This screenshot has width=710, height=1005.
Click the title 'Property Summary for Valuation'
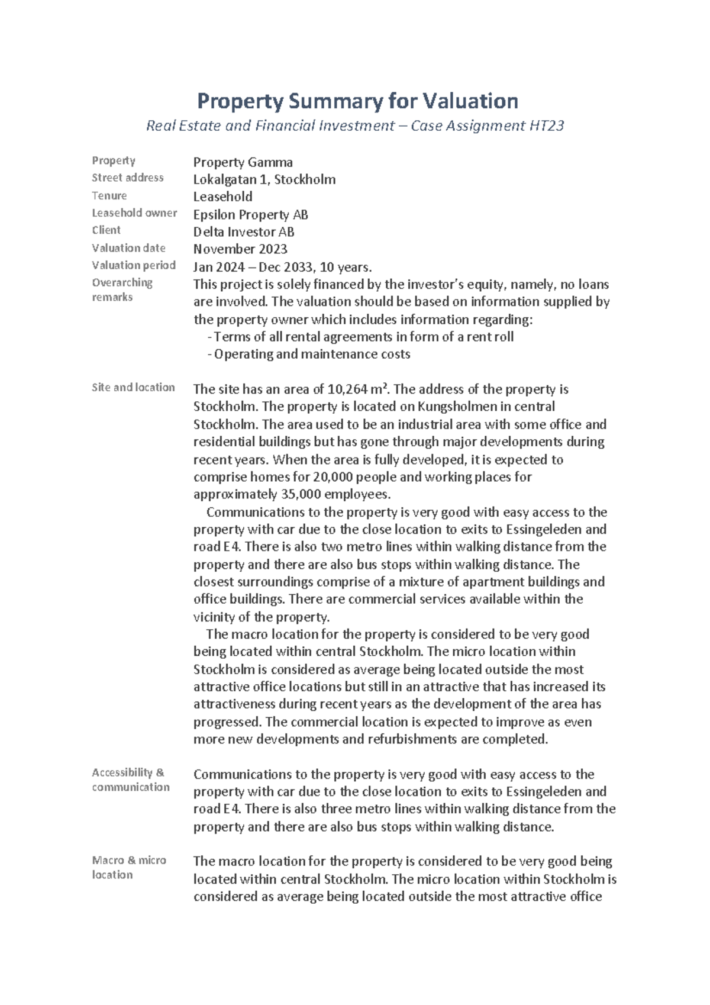click(357, 101)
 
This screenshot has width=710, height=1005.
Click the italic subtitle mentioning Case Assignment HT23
click(355, 125)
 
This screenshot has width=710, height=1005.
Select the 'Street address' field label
click(128, 178)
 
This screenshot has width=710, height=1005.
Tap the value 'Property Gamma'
click(243, 162)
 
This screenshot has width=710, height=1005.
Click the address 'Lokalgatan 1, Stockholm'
click(264, 179)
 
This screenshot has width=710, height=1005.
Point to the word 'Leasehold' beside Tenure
click(222, 197)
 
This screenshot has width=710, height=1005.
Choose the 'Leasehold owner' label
click(134, 212)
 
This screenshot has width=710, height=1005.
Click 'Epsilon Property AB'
click(250, 214)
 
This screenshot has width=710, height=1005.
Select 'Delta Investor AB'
click(244, 231)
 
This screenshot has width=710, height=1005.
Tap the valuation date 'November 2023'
click(240, 249)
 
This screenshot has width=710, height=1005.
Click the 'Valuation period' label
click(134, 265)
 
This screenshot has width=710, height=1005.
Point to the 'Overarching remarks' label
click(122, 289)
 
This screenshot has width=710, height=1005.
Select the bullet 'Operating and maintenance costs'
click(311, 354)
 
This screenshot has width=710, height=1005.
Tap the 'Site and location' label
click(133, 387)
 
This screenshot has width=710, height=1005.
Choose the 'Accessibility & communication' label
click(130, 779)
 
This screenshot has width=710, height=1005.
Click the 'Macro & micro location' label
click(129, 867)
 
